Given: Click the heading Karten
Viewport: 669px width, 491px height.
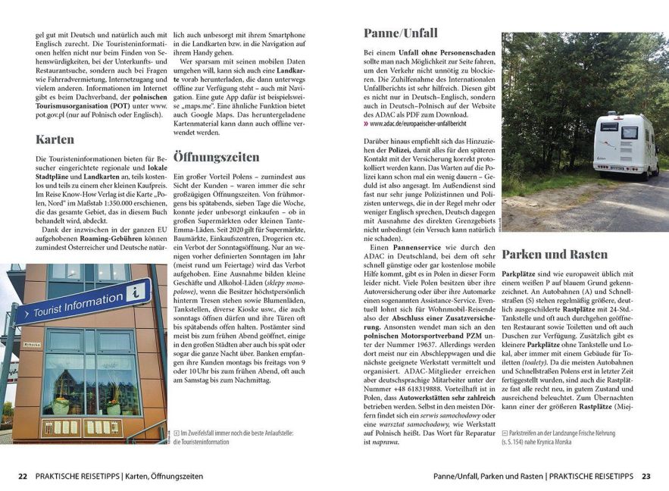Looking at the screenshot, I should click(x=55, y=139).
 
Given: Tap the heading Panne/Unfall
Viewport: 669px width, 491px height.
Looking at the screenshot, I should click(x=400, y=33).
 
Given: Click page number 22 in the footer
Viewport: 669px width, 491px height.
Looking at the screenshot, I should click(x=23, y=477).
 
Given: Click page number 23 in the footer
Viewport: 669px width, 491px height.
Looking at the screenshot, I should click(x=646, y=477).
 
